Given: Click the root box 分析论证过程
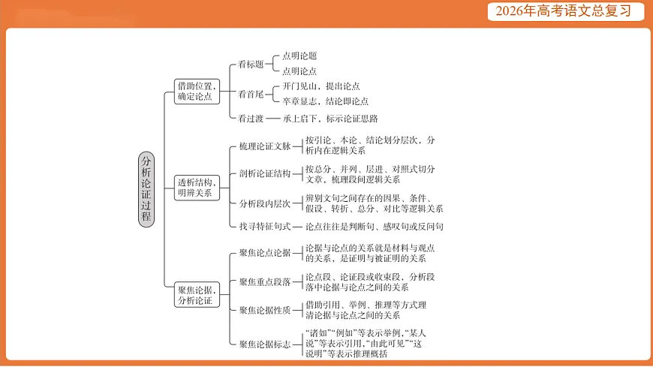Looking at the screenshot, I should tap(146, 188).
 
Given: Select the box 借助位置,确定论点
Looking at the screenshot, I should tap(195, 92).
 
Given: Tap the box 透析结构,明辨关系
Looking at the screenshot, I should tap(196, 188).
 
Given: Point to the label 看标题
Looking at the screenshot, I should tap(251, 64).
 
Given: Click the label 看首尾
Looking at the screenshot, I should tap(251, 94).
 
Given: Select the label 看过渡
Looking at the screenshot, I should tap(251, 118).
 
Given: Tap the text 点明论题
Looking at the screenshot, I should tap(299, 56).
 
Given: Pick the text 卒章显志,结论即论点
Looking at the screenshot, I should tap(325, 101).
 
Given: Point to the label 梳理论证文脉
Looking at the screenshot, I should tap(264, 146).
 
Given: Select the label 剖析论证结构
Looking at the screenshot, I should tap(264, 174).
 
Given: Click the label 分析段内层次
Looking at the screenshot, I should tap(264, 203).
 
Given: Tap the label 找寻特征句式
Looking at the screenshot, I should tap(264, 226).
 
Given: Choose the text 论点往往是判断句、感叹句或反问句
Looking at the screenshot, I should tap(374, 226).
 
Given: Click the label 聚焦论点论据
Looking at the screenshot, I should tap(264, 253).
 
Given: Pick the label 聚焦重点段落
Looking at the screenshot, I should tap(264, 281).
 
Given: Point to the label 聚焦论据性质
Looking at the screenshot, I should tap(264, 310).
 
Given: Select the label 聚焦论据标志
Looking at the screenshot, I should tap(264, 344).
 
